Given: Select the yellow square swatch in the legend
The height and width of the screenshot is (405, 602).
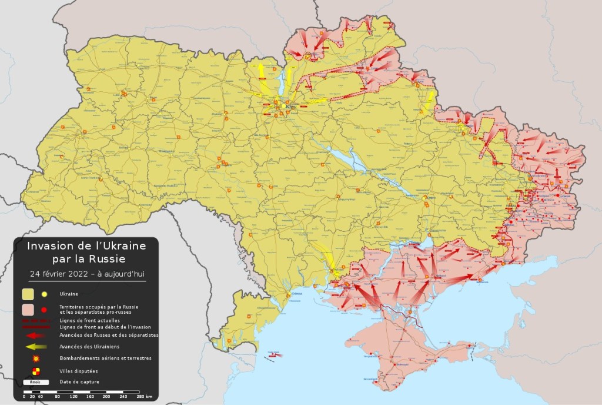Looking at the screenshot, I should (x=28, y=293).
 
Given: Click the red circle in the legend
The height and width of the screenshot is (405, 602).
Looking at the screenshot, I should (x=44, y=309).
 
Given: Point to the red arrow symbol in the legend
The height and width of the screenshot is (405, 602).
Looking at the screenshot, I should (x=35, y=335).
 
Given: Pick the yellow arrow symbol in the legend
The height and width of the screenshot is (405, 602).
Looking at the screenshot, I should (x=35, y=346).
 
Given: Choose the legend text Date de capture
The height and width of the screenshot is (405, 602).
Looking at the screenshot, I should (x=79, y=382).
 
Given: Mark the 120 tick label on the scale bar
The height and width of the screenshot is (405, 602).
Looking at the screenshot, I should (x=73, y=397).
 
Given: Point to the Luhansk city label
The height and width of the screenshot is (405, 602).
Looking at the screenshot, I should (x=565, y=196).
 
